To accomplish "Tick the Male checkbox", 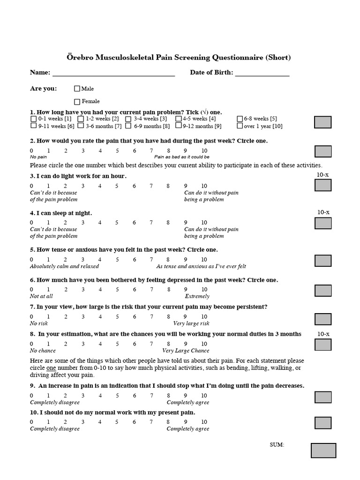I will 77,89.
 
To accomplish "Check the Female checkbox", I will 77,101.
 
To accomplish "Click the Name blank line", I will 113,74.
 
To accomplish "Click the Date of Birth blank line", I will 262,74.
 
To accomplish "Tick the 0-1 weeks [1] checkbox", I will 33,119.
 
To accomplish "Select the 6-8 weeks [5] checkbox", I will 240,119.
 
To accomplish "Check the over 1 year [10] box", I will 240,126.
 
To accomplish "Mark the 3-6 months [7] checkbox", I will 81,126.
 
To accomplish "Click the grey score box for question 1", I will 322,122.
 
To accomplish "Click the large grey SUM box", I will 323,450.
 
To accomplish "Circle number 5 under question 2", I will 117,150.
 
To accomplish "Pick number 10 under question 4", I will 204,223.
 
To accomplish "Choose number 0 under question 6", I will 32,290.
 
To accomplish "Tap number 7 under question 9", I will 151,396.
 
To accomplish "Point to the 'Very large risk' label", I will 191,323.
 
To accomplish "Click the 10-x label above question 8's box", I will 323,334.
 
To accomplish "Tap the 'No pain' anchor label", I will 38,157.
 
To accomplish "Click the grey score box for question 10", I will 322,423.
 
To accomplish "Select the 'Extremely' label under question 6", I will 197,296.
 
